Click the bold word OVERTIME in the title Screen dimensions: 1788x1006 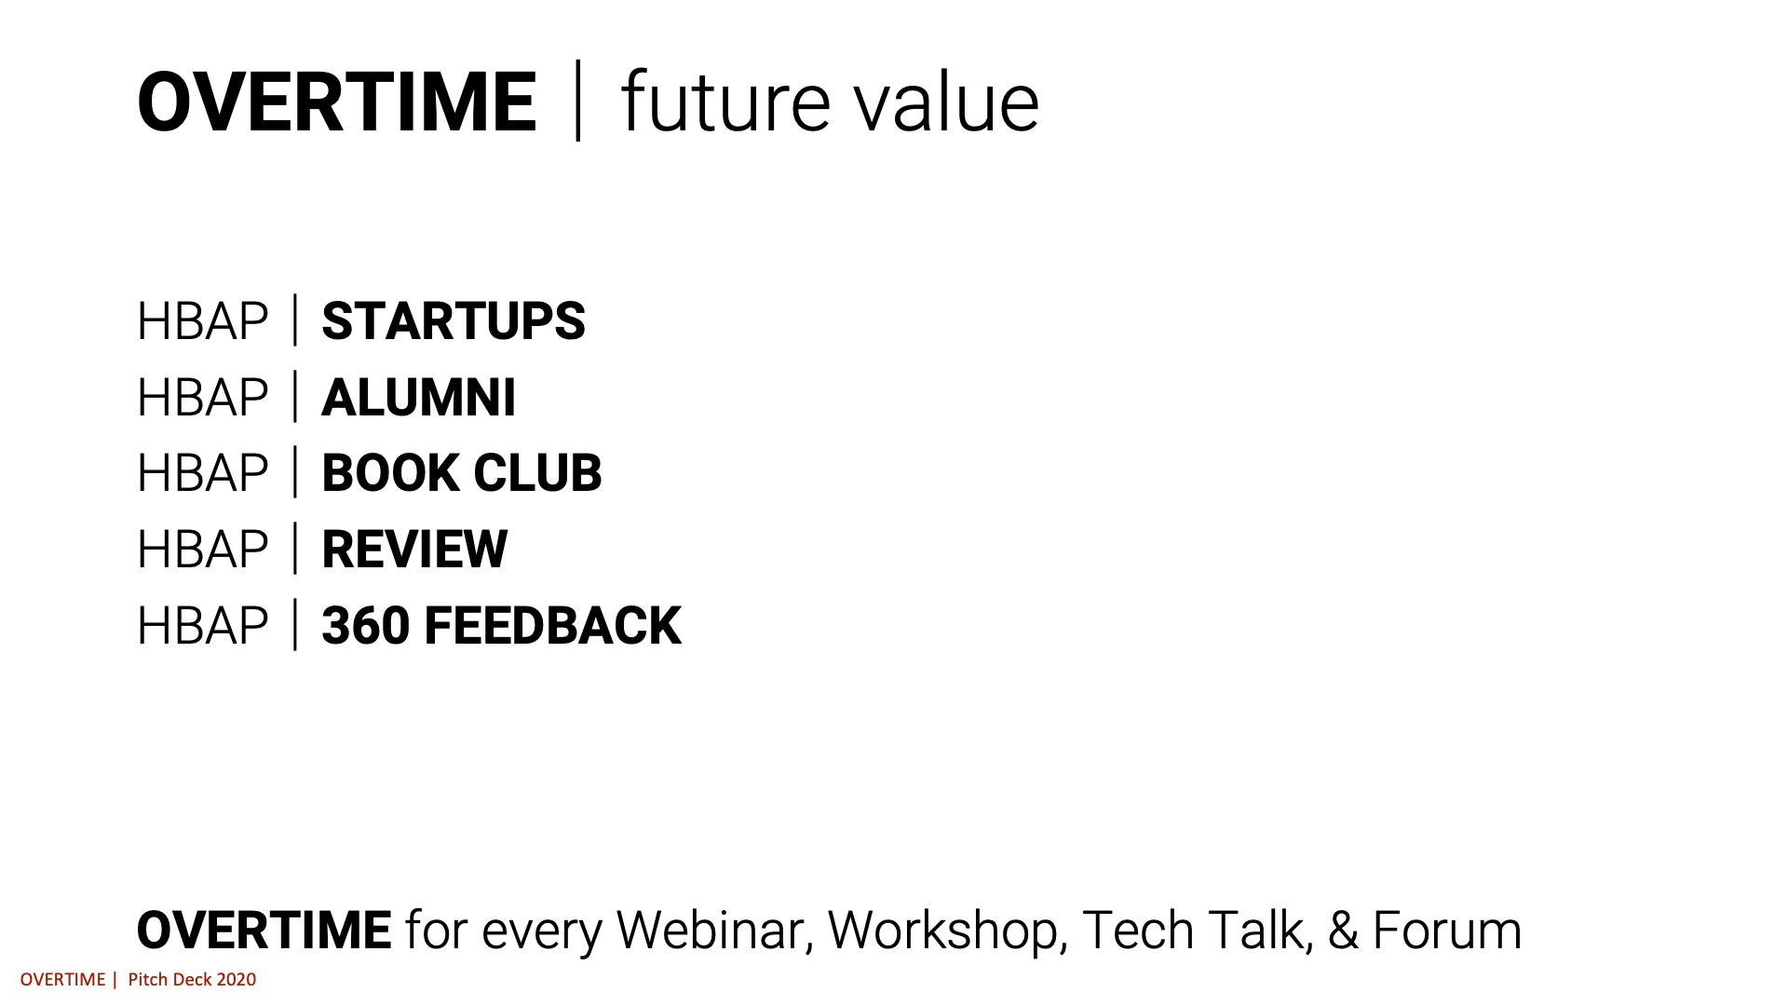(336, 102)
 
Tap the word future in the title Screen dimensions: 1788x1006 (725, 102)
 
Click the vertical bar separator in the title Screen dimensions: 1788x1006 (578, 101)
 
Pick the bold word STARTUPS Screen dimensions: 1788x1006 (454, 321)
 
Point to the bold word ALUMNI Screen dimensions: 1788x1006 (418, 398)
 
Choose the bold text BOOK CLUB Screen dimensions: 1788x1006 (462, 473)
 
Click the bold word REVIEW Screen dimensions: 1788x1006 (414, 550)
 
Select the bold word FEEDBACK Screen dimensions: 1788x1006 (553, 625)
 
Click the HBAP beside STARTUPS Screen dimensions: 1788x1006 (202, 321)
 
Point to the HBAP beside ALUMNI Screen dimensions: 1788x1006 (202, 398)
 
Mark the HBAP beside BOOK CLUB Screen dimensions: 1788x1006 (202, 473)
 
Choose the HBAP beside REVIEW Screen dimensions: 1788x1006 (202, 550)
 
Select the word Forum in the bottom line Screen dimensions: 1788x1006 (1447, 931)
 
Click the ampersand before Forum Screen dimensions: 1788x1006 (1343, 931)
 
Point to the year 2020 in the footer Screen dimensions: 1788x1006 (237, 980)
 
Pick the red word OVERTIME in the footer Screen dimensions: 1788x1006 (62, 980)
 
